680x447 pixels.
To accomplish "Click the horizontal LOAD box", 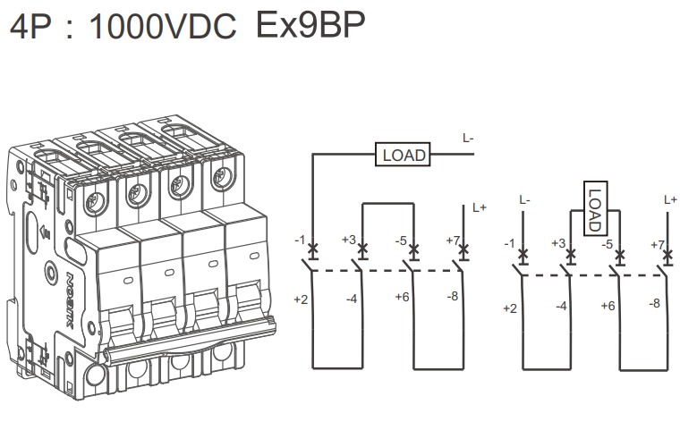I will coord(404,155).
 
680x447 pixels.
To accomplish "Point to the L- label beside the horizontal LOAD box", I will coord(468,138).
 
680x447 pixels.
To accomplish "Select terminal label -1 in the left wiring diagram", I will coord(301,240).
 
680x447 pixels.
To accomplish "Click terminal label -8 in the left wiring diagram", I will coord(453,295).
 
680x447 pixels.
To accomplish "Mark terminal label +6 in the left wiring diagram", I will coord(402,297).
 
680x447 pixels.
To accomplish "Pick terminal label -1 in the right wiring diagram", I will coord(508,244).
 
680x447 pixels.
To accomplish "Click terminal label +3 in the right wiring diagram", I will coord(559,243).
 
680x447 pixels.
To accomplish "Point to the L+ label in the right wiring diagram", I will coord(670,199).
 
